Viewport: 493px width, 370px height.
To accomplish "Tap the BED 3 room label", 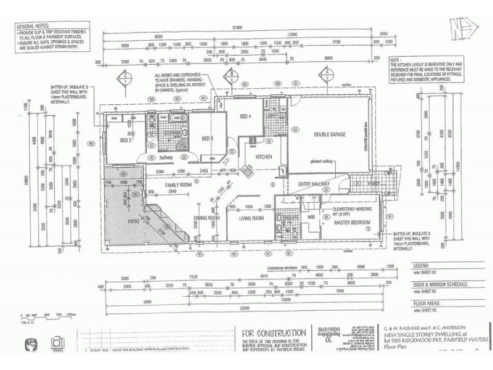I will pos(208,139).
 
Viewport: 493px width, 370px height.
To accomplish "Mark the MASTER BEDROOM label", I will pos(353,222).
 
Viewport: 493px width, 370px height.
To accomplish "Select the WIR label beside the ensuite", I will pos(311,217).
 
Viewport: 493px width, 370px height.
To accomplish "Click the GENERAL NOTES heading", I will pos(32,28).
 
